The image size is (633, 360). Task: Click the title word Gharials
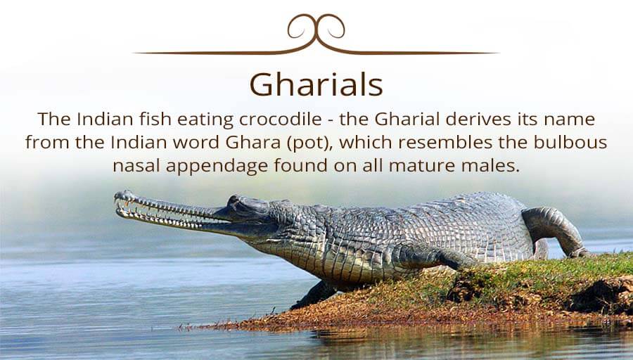(316, 84)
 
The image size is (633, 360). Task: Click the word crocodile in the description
(280, 119)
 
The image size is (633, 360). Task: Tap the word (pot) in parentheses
(310, 143)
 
